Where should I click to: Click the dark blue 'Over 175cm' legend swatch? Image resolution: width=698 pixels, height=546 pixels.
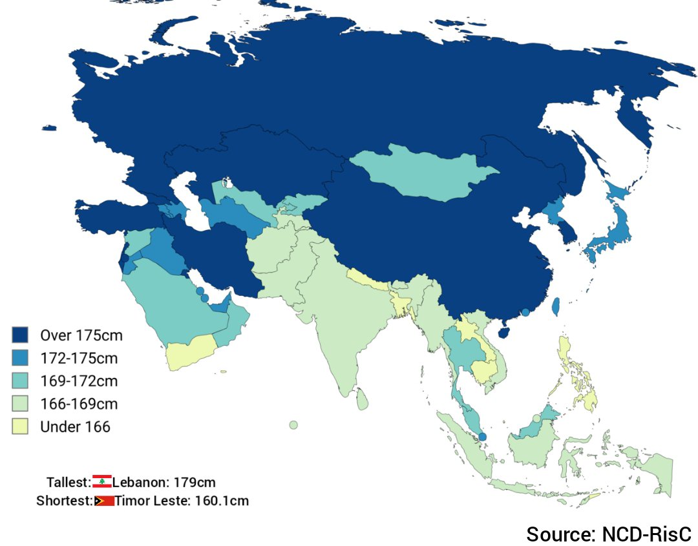pyautogui.click(x=21, y=335)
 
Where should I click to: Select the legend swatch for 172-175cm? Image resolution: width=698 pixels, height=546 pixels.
pyautogui.click(x=21, y=357)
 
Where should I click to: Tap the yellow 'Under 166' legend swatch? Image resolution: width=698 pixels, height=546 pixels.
pyautogui.click(x=21, y=426)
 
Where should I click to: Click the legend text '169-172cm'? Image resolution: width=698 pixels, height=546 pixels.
pyautogui.click(x=79, y=381)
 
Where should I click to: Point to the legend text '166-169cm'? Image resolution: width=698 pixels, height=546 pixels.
pyautogui.click(x=79, y=404)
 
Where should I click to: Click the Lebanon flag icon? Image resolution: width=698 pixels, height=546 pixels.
pyautogui.click(x=102, y=481)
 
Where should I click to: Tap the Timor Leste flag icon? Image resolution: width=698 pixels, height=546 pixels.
pyautogui.click(x=104, y=501)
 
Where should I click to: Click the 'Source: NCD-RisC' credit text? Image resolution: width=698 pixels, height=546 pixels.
pyautogui.click(x=608, y=534)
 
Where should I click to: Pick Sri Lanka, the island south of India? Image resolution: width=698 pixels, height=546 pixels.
pyautogui.click(x=364, y=398)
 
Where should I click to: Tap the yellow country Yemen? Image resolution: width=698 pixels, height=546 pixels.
pyautogui.click(x=191, y=352)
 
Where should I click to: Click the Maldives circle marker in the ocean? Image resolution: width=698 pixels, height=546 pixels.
pyautogui.click(x=293, y=425)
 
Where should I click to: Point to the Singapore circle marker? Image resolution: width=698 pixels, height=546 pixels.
pyautogui.click(x=482, y=437)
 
